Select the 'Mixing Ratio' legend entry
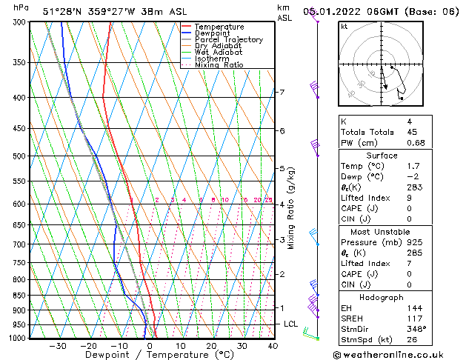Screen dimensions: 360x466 tap(219, 65)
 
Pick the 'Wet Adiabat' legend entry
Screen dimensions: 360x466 tap(218, 53)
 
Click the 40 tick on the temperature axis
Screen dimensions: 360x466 tap(273, 346)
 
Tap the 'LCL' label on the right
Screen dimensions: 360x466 tap(291, 324)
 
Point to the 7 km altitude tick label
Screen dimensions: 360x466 tap(282, 93)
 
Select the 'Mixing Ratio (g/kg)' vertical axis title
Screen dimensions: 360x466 tap(291, 208)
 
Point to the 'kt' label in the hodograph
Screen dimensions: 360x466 tap(344, 26)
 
